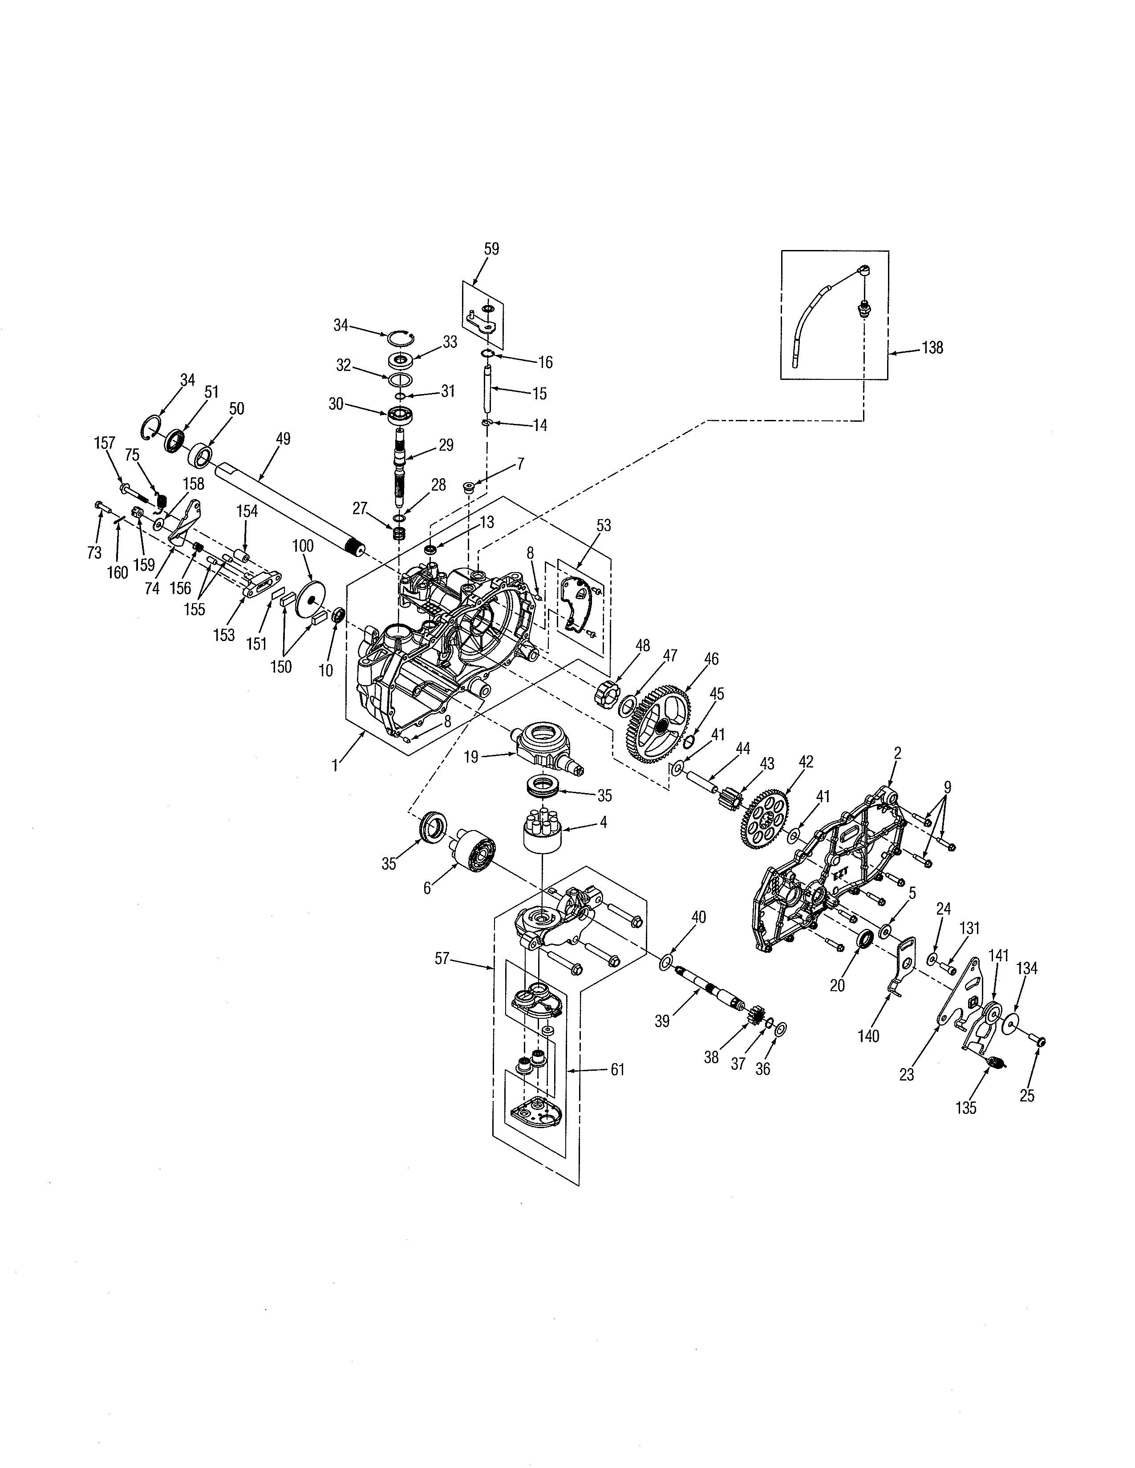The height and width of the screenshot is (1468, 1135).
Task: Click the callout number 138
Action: click(x=932, y=348)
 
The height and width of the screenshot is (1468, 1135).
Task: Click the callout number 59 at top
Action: click(x=491, y=250)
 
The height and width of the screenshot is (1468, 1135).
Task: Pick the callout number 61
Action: click(x=617, y=1069)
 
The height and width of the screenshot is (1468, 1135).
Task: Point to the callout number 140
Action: click(x=868, y=1036)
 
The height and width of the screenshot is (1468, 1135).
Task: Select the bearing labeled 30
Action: click(x=399, y=414)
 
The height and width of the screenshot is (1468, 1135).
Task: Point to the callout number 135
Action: click(x=965, y=1107)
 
